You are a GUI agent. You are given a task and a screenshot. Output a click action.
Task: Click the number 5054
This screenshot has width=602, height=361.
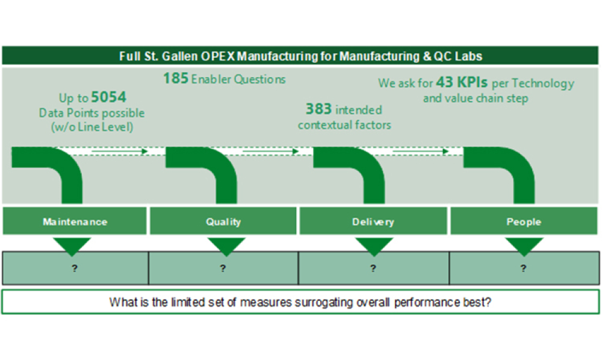tap(109, 97)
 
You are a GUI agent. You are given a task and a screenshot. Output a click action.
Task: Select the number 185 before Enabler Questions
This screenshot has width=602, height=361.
tap(176, 78)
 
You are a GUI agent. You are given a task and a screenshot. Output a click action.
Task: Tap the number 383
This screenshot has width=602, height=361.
tap(318, 110)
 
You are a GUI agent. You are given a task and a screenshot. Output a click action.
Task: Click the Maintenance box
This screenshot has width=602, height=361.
tap(75, 222)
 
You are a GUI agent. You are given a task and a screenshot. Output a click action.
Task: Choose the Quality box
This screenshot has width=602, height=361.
tap(223, 222)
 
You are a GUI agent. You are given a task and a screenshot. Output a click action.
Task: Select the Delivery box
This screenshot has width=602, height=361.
tap(373, 222)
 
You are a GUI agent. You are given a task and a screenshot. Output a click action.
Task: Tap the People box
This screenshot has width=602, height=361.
tap(524, 222)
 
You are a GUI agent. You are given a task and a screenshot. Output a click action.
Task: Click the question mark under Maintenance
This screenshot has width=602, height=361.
tap(75, 268)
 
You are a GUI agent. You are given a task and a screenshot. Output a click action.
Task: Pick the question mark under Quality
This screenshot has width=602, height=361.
tap(223, 268)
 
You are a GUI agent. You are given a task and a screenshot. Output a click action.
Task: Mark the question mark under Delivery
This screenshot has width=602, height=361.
tap(373, 268)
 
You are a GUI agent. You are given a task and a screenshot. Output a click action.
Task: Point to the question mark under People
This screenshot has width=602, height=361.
tap(524, 268)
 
